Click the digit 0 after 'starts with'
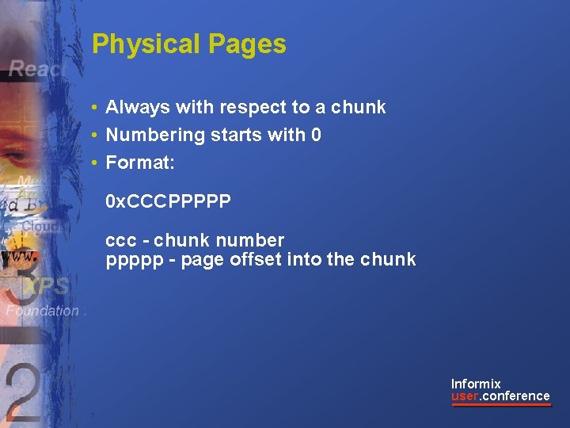(317, 136)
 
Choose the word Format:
(140, 163)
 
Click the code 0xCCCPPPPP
(169, 202)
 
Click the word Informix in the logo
(476, 384)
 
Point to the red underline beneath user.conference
(501, 405)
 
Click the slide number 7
(93, 416)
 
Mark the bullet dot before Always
(94, 108)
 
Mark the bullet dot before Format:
(94, 163)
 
